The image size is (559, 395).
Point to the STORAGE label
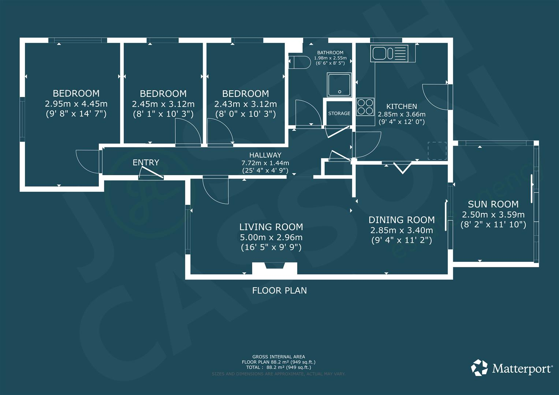(339, 113)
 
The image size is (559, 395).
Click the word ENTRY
(146, 162)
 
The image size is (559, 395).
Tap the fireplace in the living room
(275, 268)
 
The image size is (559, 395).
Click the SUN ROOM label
(493, 204)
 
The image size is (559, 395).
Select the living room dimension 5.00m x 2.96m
(271, 237)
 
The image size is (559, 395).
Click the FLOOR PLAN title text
(279, 290)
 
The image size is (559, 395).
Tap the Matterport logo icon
(479, 368)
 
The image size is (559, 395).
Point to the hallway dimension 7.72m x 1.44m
(265, 163)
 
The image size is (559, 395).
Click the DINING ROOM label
(402, 220)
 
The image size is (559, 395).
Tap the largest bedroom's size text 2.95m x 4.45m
(76, 104)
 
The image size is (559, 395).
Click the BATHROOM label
(330, 53)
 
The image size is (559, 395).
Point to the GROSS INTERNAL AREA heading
(279, 357)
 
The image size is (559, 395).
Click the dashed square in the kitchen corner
(437, 151)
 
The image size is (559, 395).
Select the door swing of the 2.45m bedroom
(188, 133)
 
